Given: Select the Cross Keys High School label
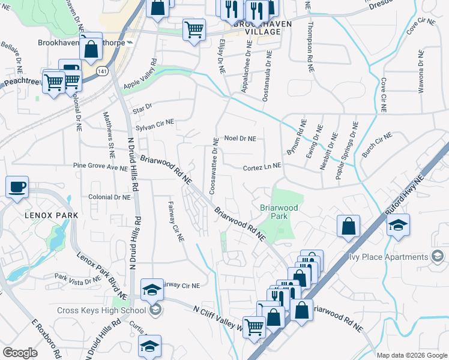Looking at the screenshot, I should click(101, 310).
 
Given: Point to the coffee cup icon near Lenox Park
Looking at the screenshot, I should click(17, 187).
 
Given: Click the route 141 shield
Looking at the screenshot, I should click(104, 70).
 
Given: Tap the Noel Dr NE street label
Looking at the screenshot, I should click(240, 139).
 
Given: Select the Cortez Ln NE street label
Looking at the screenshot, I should click(262, 169).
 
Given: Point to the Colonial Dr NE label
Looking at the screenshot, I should click(109, 197).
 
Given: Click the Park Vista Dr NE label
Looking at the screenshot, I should click(77, 279).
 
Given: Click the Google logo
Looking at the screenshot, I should click(20, 353).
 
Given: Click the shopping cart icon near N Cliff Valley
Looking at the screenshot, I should click(255, 326).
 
